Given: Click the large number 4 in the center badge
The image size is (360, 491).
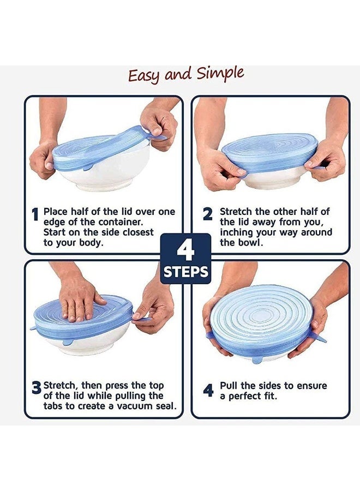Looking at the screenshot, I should point(185,251).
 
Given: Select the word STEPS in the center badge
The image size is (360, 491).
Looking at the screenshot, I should point(185,271).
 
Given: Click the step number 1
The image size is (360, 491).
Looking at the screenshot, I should point(35,215).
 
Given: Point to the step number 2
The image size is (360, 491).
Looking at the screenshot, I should point(208,214).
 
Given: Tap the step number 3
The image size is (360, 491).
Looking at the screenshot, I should point(36,388).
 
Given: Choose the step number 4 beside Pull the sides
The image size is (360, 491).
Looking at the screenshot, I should point(208,390).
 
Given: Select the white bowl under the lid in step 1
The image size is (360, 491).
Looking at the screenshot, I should point(109,175).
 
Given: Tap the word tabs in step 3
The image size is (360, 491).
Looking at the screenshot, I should point(55,406).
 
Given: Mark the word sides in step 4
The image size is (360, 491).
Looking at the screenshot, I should point(278,386).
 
